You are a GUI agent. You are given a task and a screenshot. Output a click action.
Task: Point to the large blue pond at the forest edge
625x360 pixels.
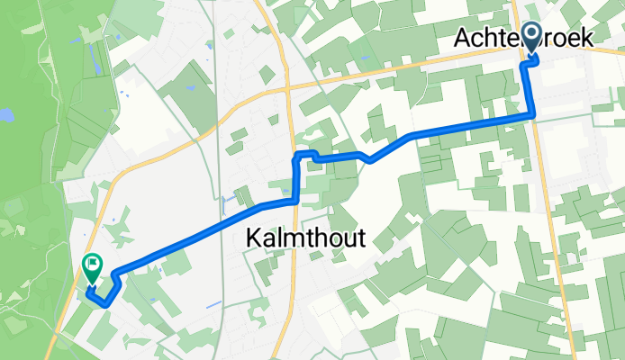(x=5, y=115)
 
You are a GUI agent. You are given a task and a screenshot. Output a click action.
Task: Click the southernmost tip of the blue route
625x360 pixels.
(x=107, y=304)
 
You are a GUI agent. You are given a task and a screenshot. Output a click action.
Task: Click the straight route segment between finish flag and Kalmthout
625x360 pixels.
(x=189, y=235)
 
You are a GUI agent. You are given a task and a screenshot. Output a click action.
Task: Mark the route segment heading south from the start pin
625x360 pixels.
(x=530, y=90)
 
